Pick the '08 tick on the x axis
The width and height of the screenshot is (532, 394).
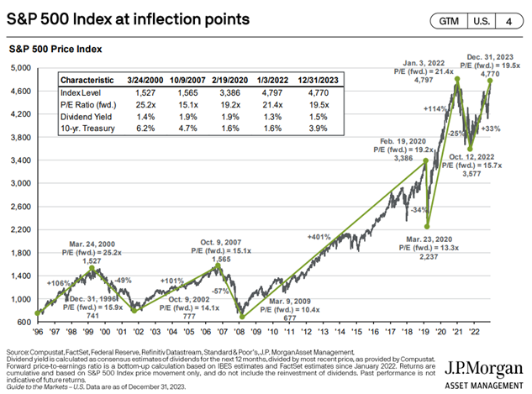[x=239, y=330]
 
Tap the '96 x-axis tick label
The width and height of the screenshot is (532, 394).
[x=37, y=330]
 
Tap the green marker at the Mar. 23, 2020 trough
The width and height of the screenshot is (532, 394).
[x=429, y=225]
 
